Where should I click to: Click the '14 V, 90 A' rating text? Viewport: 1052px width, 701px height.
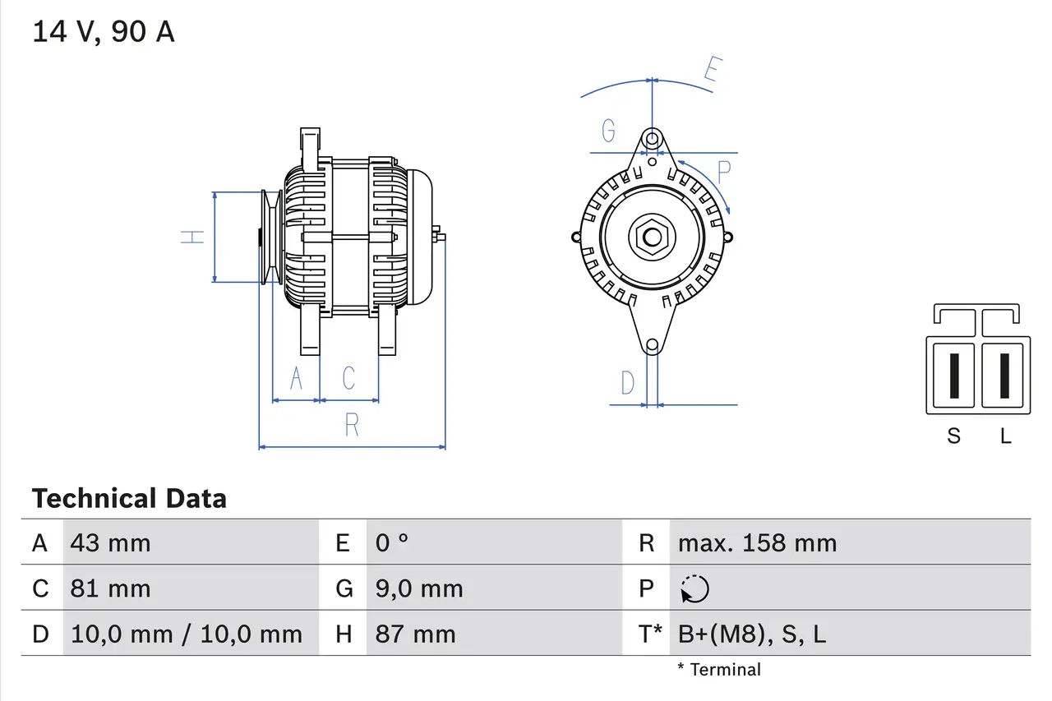104,32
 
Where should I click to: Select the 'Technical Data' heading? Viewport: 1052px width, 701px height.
129,499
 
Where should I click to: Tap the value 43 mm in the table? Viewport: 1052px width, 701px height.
111,543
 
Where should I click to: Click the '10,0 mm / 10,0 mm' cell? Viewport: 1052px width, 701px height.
187,634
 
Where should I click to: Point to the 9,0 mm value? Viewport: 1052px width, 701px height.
419,588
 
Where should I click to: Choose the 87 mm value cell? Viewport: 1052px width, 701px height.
415,634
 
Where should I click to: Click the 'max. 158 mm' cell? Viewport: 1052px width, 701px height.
757,543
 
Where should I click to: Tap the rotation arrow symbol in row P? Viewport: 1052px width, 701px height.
694,588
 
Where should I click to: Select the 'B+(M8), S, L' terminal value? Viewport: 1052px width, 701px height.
752,634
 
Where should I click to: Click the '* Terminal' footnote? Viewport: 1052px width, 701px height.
719,670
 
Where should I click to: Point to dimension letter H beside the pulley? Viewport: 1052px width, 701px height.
192,237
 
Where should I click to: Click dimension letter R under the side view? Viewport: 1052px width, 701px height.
352,425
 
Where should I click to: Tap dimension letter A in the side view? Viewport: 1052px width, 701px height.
297,378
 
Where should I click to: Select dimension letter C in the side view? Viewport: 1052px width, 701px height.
349,378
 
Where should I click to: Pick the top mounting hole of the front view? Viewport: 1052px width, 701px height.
652,138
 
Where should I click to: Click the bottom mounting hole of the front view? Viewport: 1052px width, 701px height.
652,346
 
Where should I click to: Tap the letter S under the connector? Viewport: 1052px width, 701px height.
953,436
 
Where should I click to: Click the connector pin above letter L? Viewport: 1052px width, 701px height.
1004,376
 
